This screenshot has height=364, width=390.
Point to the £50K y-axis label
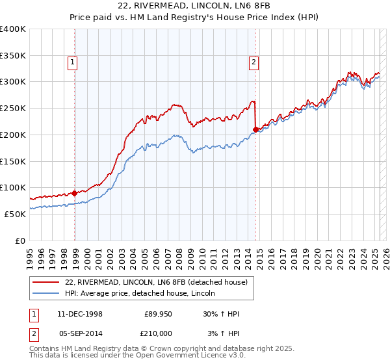(x=16, y=214)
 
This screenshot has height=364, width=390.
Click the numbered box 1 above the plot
(x=71, y=62)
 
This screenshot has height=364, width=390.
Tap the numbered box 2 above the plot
(x=253, y=62)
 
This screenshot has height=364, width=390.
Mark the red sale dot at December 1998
(x=75, y=192)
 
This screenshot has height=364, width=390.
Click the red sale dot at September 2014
(x=255, y=129)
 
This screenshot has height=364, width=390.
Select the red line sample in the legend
(x=46, y=282)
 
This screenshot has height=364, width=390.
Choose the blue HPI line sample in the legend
(x=46, y=293)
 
